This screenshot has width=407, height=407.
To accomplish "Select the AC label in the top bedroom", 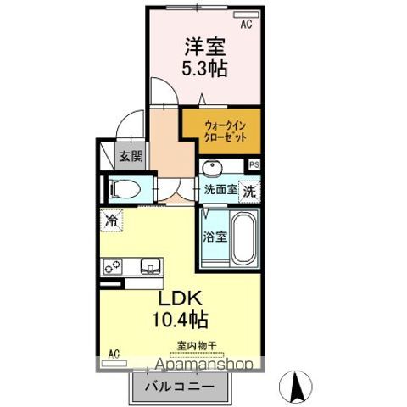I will pos(246,25).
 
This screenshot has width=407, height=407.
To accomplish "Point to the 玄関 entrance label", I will pos(131,157).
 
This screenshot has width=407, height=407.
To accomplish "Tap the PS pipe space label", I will pos(253,164).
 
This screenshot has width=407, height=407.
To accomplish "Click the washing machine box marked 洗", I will pos(249,191).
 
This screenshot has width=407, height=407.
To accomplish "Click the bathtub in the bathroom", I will pos(243,239).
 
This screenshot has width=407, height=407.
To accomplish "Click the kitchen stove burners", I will pos(114,266).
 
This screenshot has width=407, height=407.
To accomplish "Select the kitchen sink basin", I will pos(149,266).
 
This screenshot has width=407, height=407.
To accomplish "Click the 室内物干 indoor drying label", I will pos(197,345).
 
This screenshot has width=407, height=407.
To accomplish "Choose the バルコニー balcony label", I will pos(178,387).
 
